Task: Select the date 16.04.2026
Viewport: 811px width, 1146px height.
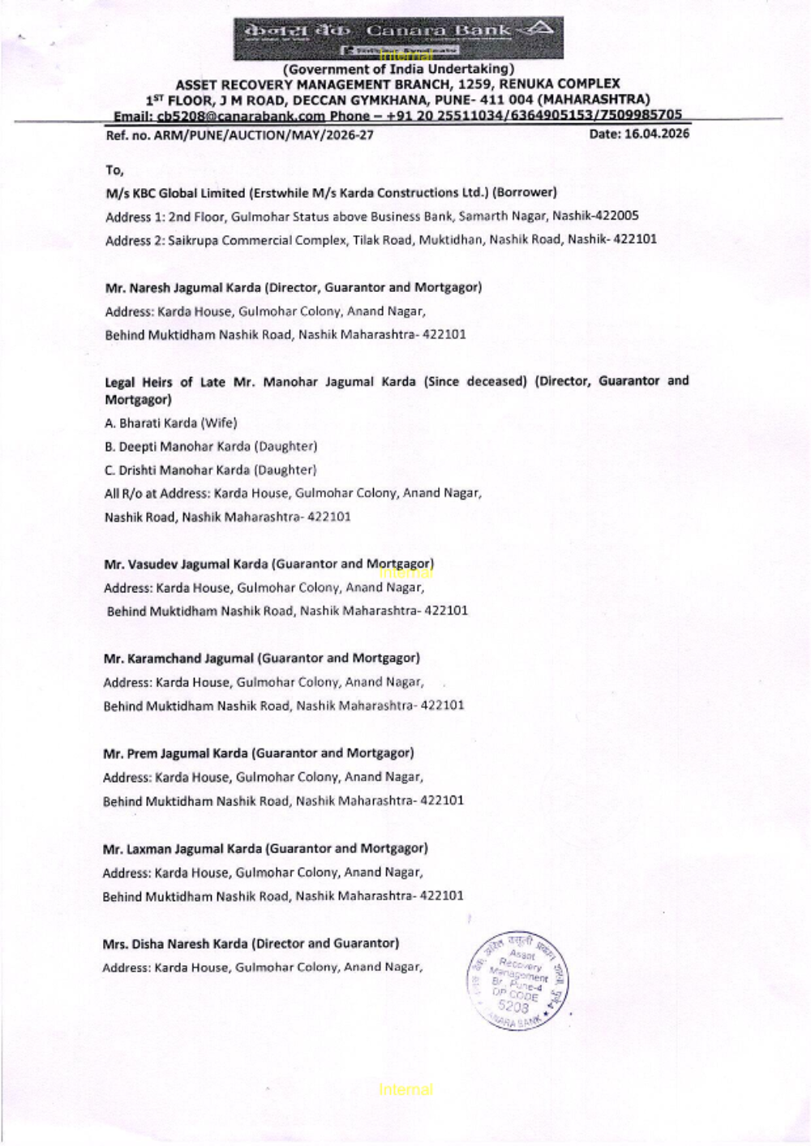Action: pos(639,134)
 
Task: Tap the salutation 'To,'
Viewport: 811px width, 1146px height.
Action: pos(114,170)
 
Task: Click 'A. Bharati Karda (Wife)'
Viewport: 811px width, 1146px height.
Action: pos(171,423)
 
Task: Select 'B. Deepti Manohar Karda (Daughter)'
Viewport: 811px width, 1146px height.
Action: pos(211,446)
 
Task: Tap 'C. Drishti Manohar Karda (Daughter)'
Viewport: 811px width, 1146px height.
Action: pos(211,470)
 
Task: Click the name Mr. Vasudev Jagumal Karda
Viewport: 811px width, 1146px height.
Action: pos(187,564)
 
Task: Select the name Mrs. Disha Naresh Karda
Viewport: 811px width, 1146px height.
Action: pos(175,943)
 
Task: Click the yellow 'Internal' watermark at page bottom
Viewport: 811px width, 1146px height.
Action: pos(405,1089)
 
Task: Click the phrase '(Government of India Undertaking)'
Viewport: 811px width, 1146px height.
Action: pos(398,70)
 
